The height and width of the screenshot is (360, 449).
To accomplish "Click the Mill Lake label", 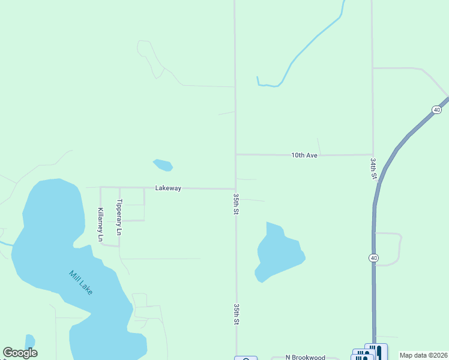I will [x=80, y=283].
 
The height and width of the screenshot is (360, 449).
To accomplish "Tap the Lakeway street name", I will [x=168, y=188].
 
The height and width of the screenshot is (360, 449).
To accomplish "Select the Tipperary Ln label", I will [x=119, y=217].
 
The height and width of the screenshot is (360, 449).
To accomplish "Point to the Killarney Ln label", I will [x=101, y=224].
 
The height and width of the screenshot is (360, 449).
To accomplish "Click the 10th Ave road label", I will [x=304, y=155].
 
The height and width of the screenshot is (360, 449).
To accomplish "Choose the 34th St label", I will [x=373, y=169].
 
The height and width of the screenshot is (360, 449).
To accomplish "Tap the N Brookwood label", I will [x=305, y=358].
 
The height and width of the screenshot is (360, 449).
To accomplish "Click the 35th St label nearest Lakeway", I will [x=237, y=204].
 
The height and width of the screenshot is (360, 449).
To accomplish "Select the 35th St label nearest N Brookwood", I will [x=237, y=314].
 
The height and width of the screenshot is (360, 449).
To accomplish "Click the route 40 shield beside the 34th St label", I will [x=436, y=110].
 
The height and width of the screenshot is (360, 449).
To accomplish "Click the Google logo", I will [x=20, y=353].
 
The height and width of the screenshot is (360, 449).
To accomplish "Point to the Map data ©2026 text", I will [x=423, y=355].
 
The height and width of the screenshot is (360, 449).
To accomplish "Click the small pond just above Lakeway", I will [x=163, y=164].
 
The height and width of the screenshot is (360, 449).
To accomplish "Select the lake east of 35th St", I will [x=278, y=252].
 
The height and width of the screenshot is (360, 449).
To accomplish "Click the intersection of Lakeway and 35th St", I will [x=235, y=188].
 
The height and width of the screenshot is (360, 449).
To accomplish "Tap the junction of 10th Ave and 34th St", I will [x=373, y=154].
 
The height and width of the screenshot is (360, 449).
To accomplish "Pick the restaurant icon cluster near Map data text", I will [x=367, y=353].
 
